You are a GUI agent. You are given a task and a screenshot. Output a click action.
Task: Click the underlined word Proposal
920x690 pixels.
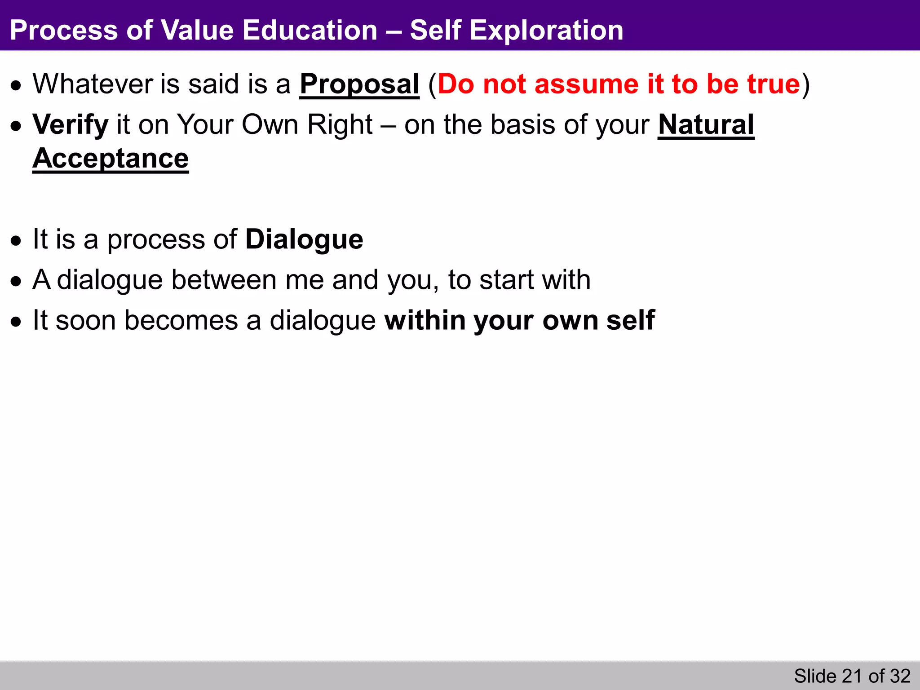point(359,84)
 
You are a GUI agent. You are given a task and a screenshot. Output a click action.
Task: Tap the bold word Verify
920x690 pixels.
point(70,125)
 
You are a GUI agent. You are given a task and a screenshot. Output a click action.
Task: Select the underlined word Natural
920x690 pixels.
point(706,124)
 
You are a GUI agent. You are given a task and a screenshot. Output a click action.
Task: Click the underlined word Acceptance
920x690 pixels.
point(111,159)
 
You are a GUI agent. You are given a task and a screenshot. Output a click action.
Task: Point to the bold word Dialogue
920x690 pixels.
point(304,239)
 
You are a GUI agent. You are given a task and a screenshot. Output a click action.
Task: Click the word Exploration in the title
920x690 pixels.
point(546,31)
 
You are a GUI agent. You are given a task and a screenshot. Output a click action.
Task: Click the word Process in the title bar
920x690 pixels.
point(63,31)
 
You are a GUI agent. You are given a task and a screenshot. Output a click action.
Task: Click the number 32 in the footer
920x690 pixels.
point(900,676)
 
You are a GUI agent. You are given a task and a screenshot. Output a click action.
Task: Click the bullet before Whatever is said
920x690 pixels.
point(17,86)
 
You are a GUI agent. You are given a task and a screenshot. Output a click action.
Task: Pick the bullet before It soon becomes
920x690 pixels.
point(17,322)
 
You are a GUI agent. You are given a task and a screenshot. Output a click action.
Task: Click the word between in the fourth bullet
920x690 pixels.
point(224,280)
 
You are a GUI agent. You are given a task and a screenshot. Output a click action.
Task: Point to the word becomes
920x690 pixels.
point(181,321)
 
